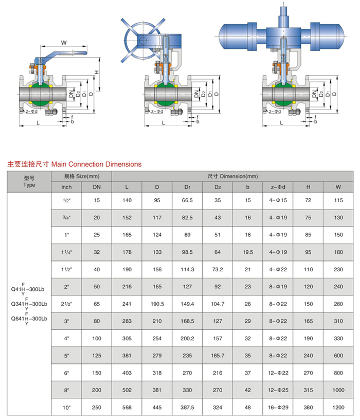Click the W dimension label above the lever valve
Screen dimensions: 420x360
click(64, 42)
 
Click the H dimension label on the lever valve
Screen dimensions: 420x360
click(97, 73)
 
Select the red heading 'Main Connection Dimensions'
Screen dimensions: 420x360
click(74, 164)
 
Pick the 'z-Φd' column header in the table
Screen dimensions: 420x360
click(278, 187)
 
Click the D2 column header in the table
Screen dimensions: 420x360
click(218, 187)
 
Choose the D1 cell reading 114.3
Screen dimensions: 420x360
click(187, 269)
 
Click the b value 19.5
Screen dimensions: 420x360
click(247, 252)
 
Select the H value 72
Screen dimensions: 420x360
click(308, 200)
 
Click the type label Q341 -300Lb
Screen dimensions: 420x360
click(29, 304)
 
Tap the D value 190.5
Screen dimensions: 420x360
click(157, 304)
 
